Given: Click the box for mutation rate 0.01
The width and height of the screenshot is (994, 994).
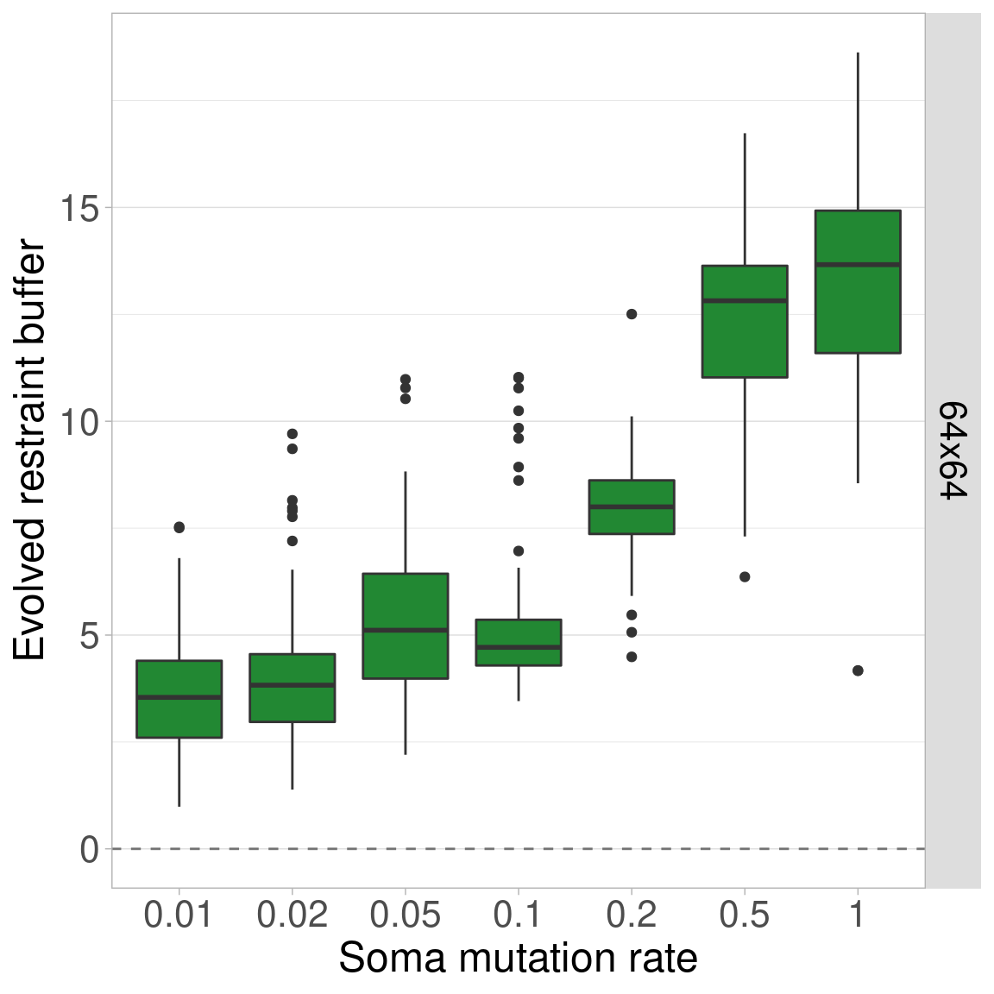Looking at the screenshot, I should (179, 699).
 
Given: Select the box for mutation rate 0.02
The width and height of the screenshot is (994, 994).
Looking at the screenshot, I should (293, 688).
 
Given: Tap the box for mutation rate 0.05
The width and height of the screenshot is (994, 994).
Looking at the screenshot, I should (406, 626).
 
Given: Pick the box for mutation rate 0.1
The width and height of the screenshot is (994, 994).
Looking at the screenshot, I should (519, 642).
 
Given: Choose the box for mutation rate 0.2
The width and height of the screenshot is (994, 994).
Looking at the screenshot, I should (632, 507).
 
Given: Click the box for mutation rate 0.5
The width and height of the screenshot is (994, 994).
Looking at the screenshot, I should (745, 321).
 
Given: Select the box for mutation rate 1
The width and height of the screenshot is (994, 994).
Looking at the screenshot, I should (858, 281).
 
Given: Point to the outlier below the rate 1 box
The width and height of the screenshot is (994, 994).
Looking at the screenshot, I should (858, 670).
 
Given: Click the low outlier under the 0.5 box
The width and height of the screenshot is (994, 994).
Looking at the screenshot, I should (745, 576).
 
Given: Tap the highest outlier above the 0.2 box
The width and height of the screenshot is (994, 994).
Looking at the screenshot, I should (632, 314).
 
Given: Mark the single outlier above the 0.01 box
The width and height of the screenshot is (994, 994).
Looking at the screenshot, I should (179, 527).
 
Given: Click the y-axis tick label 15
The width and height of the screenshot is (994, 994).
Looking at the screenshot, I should (80, 208).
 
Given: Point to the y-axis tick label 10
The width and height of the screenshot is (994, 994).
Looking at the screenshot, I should (80, 422).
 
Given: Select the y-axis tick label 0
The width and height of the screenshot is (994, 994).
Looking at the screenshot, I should (90, 850).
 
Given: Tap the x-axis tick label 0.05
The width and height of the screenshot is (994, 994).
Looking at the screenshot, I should (406, 915).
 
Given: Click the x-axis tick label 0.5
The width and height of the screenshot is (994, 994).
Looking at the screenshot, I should (745, 915).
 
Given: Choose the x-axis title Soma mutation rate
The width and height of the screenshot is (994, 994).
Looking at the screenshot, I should (518, 959).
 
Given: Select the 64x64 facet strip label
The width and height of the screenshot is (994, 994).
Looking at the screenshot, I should (953, 450).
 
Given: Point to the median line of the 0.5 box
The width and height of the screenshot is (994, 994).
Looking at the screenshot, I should (745, 300).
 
